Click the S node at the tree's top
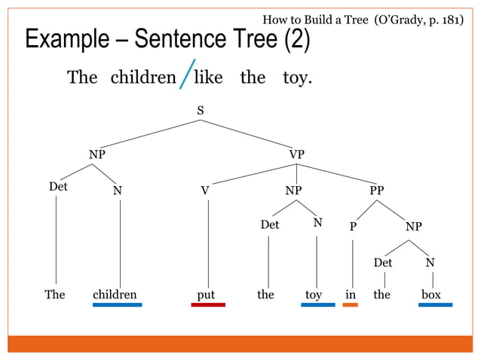[200, 111]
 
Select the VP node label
[297, 154]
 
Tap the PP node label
[376, 191]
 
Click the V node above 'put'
[204, 191]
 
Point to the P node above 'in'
[353, 227]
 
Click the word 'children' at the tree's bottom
[115, 294]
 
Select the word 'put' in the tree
[206, 295]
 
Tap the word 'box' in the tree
[431, 294]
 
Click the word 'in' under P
[350, 294]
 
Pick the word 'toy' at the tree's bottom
[314, 295]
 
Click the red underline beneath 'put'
[208, 305]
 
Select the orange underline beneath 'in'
[350, 305]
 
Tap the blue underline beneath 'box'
[436, 305]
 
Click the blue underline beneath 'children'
[117, 305]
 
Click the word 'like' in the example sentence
[208, 78]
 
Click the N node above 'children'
[117, 191]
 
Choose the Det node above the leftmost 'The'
[58, 186]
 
